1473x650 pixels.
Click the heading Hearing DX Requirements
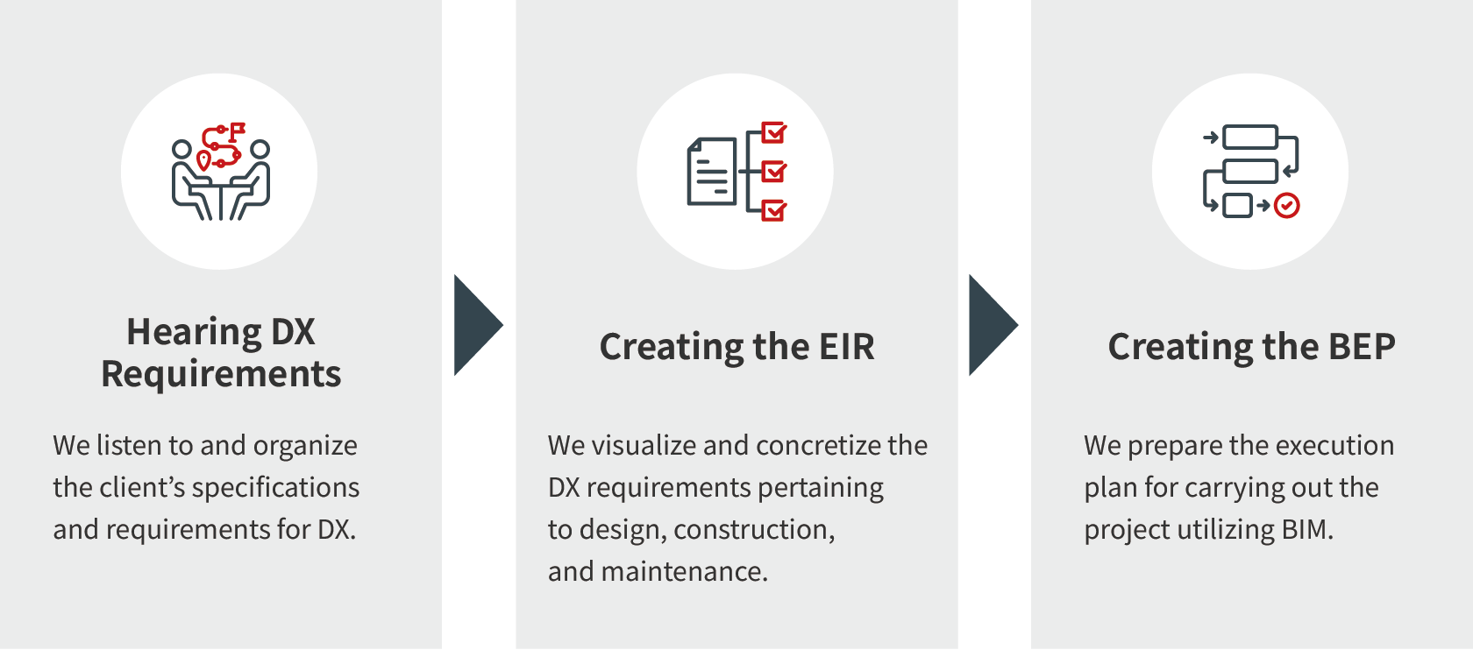[221, 353]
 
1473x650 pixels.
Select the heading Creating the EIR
[736, 346]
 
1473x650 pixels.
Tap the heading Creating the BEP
[1251, 346]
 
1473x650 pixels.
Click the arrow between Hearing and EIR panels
[478, 325]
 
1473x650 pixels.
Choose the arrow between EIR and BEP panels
[993, 325]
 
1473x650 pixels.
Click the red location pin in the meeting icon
[203, 159]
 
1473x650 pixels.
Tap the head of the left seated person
[181, 149]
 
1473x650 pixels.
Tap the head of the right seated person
[260, 149]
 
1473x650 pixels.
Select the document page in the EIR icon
[712, 172]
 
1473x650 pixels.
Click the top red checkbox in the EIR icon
[774, 133]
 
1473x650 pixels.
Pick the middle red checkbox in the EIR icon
[774, 172]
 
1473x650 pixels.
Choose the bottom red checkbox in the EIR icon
[774, 210]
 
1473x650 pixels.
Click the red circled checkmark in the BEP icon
[1286, 206]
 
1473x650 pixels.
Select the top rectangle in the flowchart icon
[1250, 138]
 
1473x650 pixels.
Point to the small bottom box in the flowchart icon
[1237, 206]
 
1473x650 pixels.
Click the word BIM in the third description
[1308, 530]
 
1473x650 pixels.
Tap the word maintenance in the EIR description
[685, 572]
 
